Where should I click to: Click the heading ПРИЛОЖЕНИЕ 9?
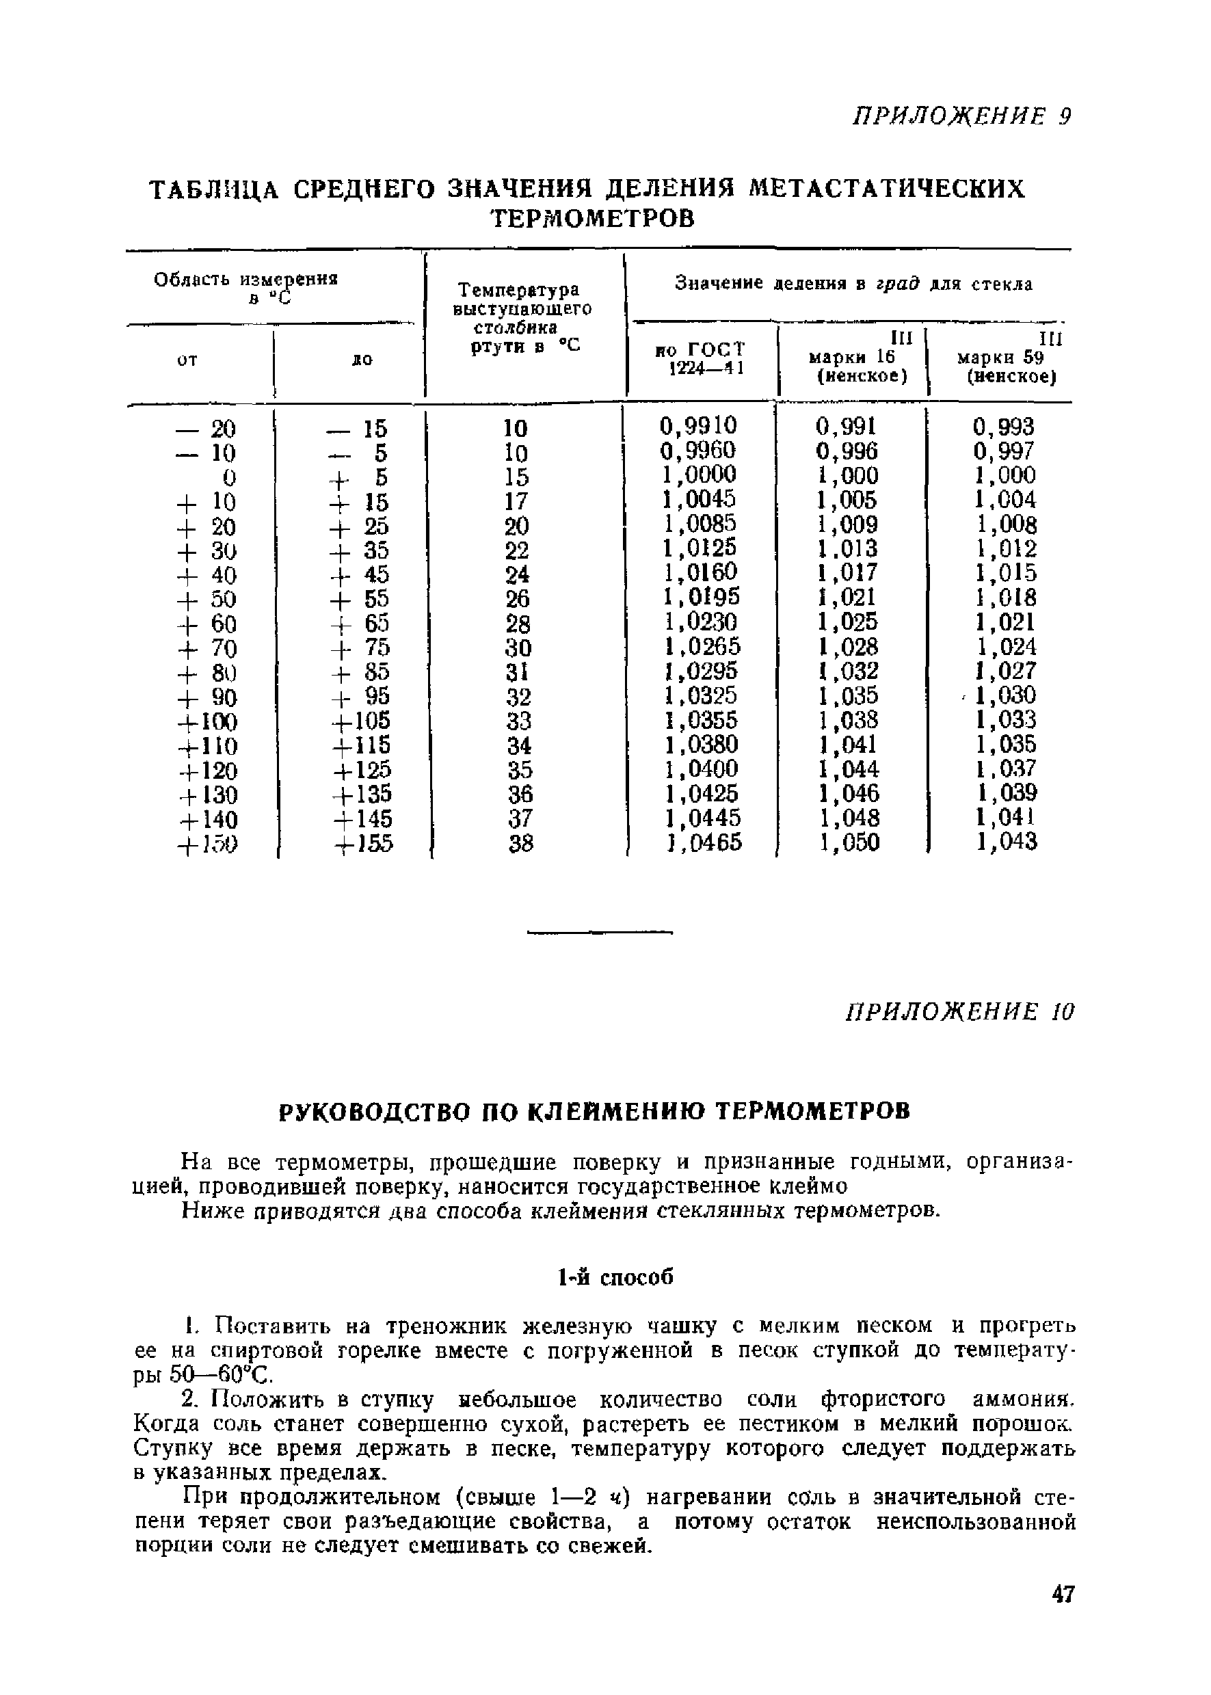pyautogui.click(x=961, y=117)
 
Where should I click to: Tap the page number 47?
pyautogui.click(x=1063, y=1615)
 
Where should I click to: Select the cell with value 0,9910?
pyautogui.click(x=698, y=426)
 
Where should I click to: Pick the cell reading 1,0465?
pyautogui.click(x=702, y=842)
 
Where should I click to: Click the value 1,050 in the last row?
pyautogui.click(x=849, y=842)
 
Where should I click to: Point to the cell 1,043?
pyautogui.click(x=1007, y=842)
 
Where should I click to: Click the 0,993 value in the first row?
pyautogui.click(x=1004, y=427)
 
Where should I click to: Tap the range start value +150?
pyautogui.click(x=207, y=845)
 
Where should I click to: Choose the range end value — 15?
pyautogui.click(x=357, y=429)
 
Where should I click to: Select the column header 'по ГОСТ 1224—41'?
pyautogui.click(x=701, y=359)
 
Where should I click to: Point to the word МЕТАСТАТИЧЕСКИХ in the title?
pyautogui.click(x=887, y=188)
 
